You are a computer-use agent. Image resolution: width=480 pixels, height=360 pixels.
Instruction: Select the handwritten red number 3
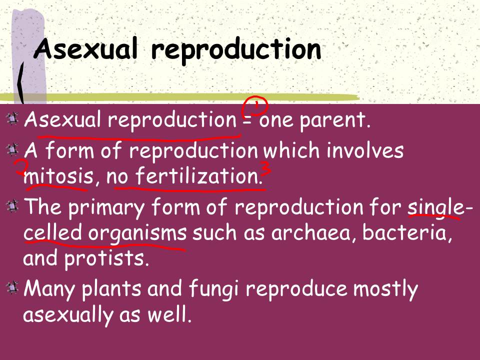click(266, 169)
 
